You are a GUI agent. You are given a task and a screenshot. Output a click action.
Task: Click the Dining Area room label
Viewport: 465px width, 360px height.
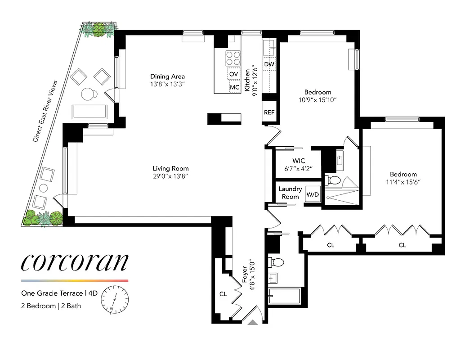167,76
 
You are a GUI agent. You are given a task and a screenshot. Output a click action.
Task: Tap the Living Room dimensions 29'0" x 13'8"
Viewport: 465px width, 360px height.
170,177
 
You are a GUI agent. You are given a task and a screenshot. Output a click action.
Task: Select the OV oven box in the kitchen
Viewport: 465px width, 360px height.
233,74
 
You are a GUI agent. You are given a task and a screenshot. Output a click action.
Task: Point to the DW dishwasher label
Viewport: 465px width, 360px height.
269,64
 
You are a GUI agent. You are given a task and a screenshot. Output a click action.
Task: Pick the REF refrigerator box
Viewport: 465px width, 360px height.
269,112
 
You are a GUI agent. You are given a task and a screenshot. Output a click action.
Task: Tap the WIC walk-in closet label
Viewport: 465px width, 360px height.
299,161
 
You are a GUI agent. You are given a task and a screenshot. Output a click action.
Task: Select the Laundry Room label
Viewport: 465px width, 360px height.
290,193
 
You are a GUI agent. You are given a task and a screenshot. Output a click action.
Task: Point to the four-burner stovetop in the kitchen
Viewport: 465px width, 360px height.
232,58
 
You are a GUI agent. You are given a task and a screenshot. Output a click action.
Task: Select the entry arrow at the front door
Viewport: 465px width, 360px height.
253,322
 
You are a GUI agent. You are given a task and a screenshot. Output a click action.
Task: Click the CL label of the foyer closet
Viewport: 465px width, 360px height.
224,293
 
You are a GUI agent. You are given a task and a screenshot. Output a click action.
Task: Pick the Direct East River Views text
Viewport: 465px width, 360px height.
45,112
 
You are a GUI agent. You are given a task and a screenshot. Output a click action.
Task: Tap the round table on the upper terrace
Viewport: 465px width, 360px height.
89,94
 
